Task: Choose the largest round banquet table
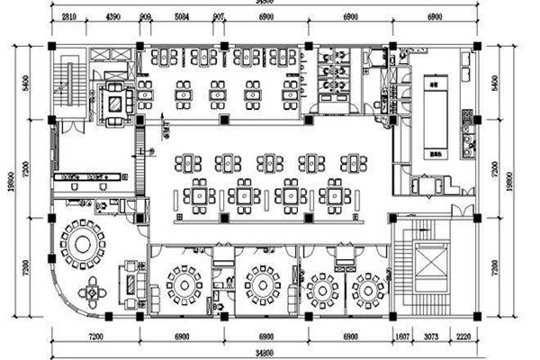tap(82, 241)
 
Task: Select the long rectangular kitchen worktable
tap(433, 116)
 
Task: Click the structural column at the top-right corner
tap(476, 44)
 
